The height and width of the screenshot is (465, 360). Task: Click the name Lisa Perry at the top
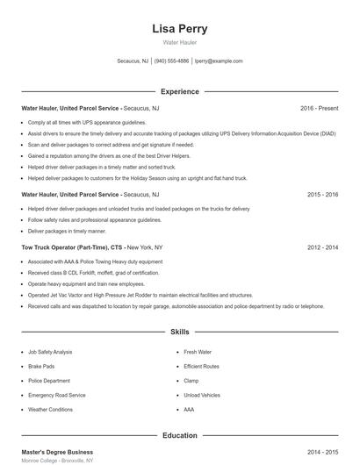click(x=180, y=28)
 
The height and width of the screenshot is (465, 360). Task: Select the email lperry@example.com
click(x=219, y=61)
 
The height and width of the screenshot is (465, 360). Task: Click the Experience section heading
click(x=180, y=91)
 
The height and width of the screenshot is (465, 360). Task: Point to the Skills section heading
click(x=180, y=333)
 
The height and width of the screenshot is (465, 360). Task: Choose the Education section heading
click(x=180, y=435)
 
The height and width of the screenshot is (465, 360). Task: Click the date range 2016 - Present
click(x=319, y=108)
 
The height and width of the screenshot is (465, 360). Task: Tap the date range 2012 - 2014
click(x=322, y=247)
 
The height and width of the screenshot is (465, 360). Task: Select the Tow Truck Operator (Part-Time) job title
click(x=70, y=247)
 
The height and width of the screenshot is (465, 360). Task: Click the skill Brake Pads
click(x=41, y=366)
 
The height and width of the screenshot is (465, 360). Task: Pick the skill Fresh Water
click(x=198, y=352)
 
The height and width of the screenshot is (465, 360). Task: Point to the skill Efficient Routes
click(x=202, y=366)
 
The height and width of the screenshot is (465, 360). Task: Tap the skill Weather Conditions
click(x=51, y=409)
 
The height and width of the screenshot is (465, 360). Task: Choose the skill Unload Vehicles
click(x=202, y=395)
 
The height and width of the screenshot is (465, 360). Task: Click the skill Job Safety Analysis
click(x=50, y=352)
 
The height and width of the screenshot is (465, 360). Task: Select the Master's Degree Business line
click(x=57, y=452)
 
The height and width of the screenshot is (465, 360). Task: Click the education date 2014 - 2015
click(x=322, y=452)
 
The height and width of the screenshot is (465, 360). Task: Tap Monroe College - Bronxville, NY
click(x=57, y=461)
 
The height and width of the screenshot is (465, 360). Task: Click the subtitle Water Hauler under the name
click(x=180, y=43)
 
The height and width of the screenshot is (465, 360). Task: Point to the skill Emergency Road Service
click(x=57, y=395)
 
